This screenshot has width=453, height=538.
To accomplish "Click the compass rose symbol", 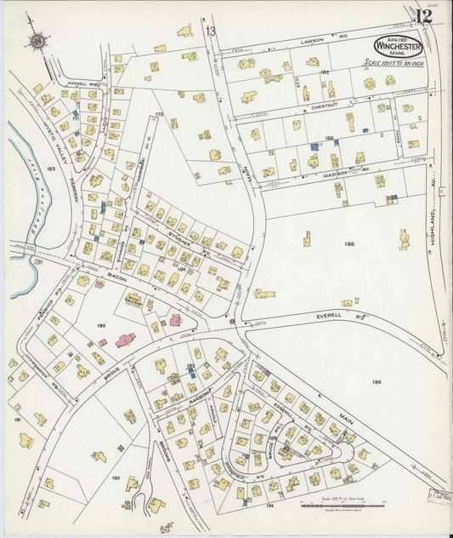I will (x=37, y=39).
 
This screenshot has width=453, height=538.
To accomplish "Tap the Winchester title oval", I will (x=398, y=46).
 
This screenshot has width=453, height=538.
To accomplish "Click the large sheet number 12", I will (x=422, y=16).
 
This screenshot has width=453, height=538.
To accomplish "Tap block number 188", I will (x=348, y=243).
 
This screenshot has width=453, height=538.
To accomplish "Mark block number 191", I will (x=16, y=420).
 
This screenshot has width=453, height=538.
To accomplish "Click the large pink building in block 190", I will (x=125, y=341).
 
